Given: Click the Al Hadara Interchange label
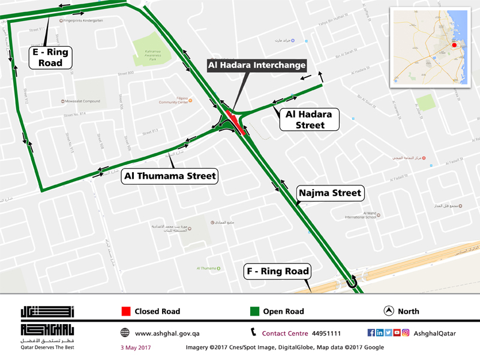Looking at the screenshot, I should (257, 65).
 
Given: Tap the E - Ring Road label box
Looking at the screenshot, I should (51, 58).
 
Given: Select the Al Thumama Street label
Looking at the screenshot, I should (170, 176).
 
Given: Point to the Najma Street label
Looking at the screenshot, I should (331, 193).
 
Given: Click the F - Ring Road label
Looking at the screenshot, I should (278, 271).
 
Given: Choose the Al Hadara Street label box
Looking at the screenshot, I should (310, 119).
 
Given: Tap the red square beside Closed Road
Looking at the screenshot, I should (126, 311).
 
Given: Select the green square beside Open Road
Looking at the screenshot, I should (254, 311).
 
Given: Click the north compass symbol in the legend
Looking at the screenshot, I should (388, 311).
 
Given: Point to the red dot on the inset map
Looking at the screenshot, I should (454, 45).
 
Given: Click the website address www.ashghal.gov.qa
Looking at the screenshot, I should (167, 333).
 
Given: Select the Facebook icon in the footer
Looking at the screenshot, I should (371, 333).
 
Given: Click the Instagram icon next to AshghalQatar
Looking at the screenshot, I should (406, 333).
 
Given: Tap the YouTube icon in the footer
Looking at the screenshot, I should (397, 333).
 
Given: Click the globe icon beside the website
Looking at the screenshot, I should (125, 333).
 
